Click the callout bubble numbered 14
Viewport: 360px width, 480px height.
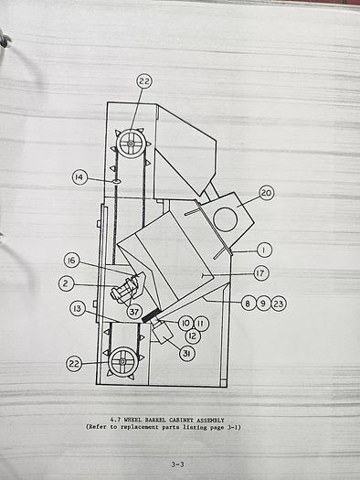pyautogui.click(x=80, y=176)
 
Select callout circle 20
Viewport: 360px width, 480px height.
pyautogui.click(x=266, y=193)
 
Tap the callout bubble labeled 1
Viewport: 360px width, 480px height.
pyautogui.click(x=264, y=249)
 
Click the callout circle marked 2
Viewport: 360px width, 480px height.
pyautogui.click(x=66, y=283)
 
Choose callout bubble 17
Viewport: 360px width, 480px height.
pyautogui.click(x=261, y=272)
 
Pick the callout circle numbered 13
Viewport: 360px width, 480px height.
pyautogui.click(x=78, y=308)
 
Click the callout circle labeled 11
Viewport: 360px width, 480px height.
pyautogui.click(x=201, y=323)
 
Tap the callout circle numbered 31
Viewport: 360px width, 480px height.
pyautogui.click(x=186, y=354)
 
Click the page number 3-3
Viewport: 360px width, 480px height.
pyautogui.click(x=180, y=464)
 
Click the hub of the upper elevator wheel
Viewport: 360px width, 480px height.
pyautogui.click(x=132, y=144)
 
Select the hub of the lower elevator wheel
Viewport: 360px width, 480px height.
pyautogui.click(x=122, y=362)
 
